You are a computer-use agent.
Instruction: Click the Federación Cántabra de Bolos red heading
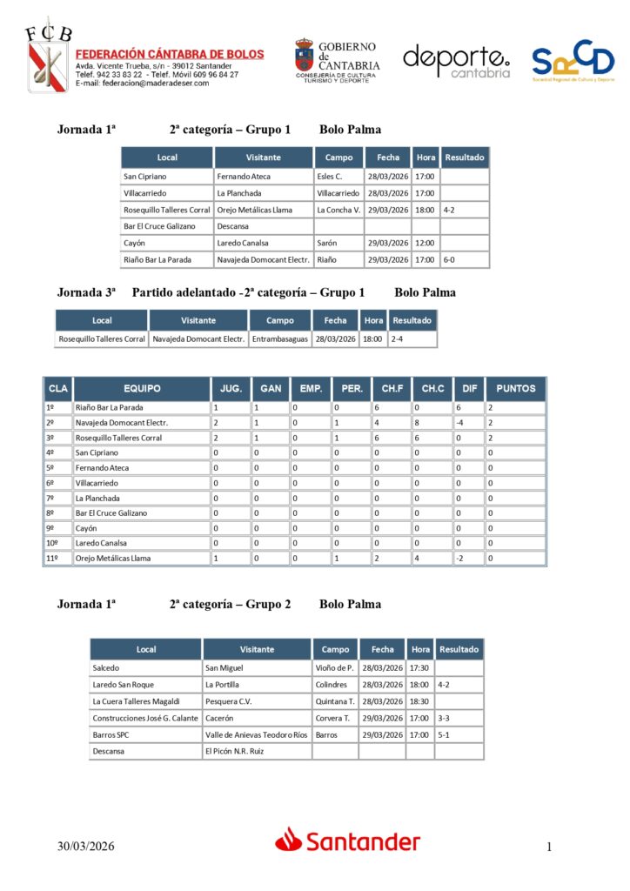170,54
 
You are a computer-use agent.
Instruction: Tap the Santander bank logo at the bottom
348,841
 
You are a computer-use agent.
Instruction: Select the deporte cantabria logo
456,61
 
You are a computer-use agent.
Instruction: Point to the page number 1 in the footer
549,847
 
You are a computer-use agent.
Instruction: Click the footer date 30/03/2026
86,847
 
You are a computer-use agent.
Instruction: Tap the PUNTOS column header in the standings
516,388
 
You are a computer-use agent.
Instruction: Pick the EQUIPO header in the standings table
142,388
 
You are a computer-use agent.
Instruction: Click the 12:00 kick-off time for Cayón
425,243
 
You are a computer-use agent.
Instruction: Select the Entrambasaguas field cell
279,338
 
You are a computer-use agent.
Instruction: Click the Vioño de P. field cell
334,668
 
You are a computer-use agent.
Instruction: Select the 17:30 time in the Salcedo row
420,668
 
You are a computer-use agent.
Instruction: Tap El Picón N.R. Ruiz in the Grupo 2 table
234,751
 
